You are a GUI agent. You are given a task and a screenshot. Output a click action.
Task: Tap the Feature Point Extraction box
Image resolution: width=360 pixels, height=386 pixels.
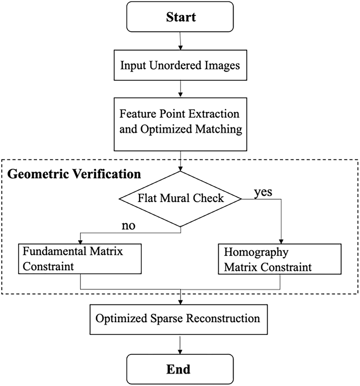[180, 122]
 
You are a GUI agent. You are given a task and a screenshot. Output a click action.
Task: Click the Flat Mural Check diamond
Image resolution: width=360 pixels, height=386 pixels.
[180, 198]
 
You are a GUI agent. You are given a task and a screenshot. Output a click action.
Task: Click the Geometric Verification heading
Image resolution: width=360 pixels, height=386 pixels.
[74, 174]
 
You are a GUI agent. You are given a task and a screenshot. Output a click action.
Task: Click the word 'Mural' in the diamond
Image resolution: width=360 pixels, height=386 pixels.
[181, 198]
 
